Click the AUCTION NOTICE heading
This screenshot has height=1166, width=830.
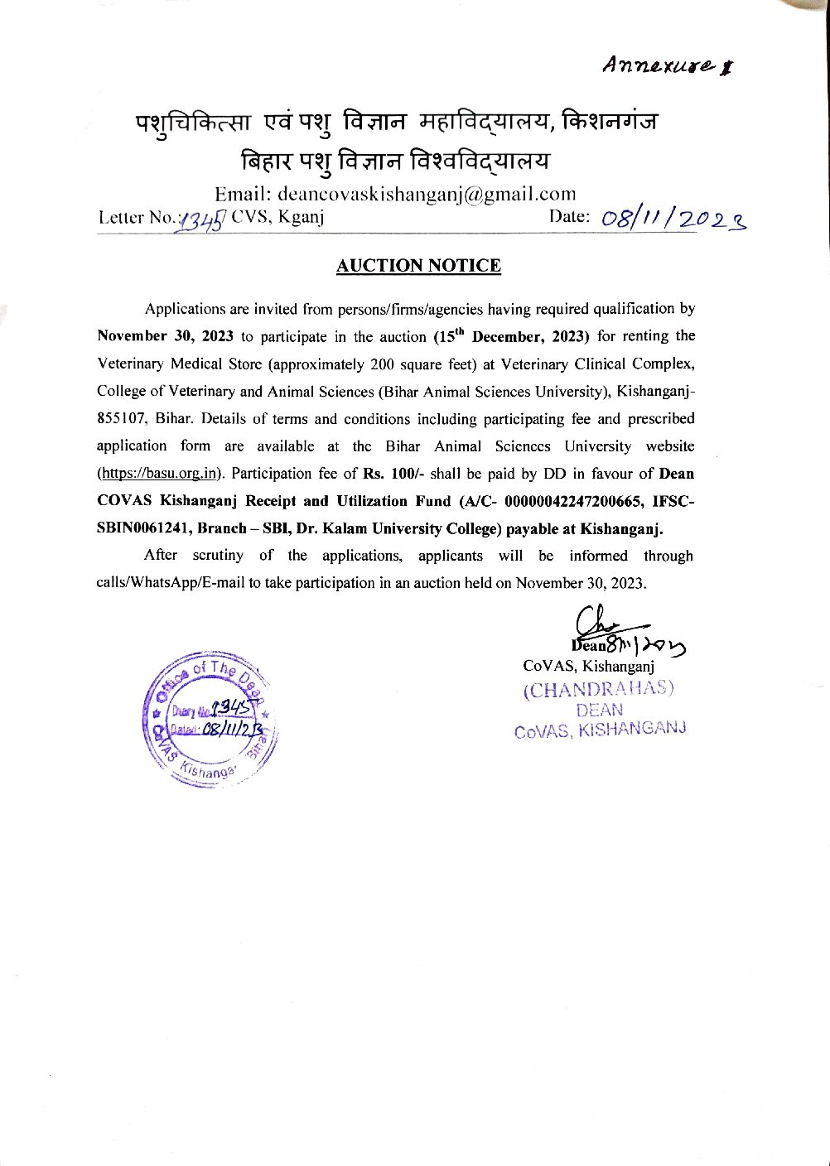click(418, 266)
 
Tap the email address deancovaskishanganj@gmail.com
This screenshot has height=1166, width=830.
click(427, 195)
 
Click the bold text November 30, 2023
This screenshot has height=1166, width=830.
click(165, 336)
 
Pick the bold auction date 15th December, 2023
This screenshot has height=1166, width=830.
click(511, 336)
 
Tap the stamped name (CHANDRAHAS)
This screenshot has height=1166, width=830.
click(598, 689)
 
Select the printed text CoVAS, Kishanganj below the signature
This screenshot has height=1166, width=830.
click(589, 666)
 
